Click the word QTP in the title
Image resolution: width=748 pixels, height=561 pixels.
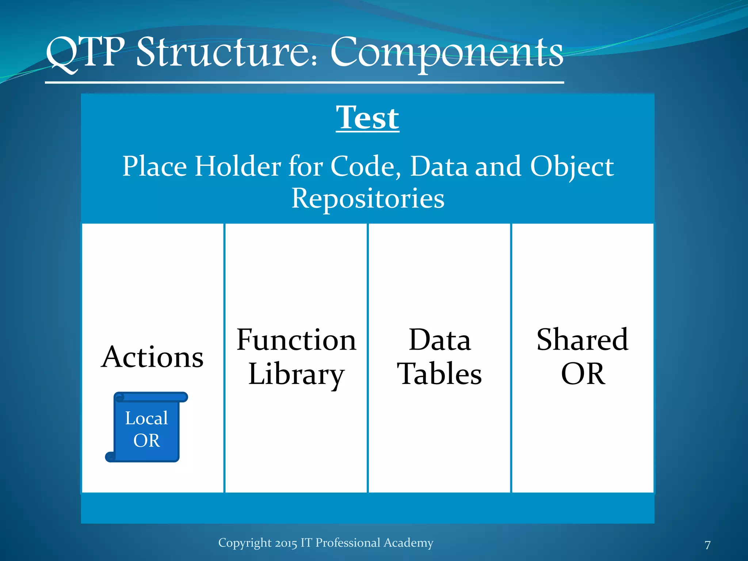[x=85, y=53]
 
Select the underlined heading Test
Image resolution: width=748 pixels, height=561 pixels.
[x=367, y=118]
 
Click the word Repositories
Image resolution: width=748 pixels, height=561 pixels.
[x=368, y=198]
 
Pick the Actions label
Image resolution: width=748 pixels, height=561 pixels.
[x=152, y=357]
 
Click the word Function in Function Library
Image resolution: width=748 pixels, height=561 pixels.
[x=296, y=340]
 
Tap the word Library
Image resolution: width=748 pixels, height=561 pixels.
[x=296, y=374]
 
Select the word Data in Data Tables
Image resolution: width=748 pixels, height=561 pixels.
[x=439, y=340]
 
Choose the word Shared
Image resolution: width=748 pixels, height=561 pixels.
[x=582, y=340]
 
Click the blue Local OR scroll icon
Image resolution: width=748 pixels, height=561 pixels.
[x=146, y=427]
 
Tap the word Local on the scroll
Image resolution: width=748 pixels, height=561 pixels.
[x=146, y=418]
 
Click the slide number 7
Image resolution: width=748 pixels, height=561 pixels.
[x=707, y=545]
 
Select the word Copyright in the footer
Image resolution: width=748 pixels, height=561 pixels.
[x=245, y=543]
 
